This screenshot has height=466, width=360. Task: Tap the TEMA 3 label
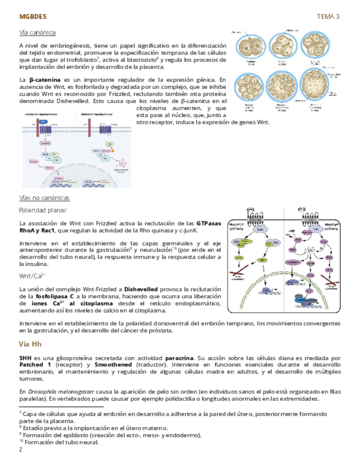point(328,16)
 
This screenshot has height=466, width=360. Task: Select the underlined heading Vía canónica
point(37,32)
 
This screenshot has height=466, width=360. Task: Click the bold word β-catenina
point(45,80)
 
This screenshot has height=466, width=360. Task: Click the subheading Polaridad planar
point(43,210)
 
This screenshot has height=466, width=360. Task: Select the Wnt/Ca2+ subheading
point(32,275)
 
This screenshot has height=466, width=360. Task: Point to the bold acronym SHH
point(25,357)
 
